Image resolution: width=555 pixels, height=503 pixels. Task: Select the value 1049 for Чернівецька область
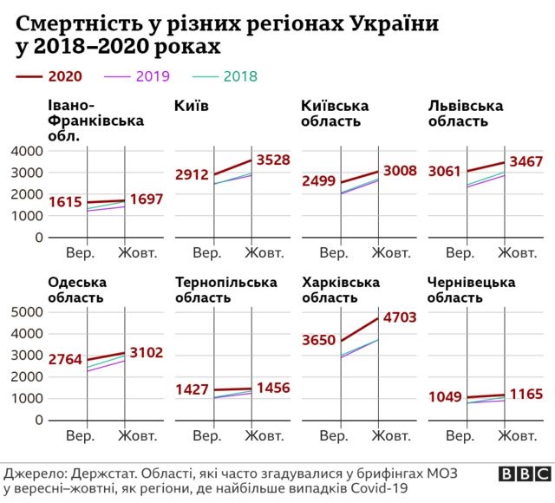click(x=446, y=398)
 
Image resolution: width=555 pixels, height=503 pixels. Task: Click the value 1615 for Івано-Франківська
click(x=65, y=203)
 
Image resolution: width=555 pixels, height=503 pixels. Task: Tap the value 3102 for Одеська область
click(x=146, y=353)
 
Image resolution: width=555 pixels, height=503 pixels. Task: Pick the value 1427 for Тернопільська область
click(x=192, y=389)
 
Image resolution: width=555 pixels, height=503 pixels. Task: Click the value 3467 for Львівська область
click(x=526, y=162)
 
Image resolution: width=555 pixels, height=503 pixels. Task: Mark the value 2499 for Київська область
click(x=318, y=181)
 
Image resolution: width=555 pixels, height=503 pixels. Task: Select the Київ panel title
click(x=192, y=106)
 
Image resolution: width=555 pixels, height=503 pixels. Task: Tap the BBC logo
click(x=523, y=474)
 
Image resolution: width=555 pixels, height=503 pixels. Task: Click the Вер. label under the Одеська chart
click(x=81, y=434)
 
